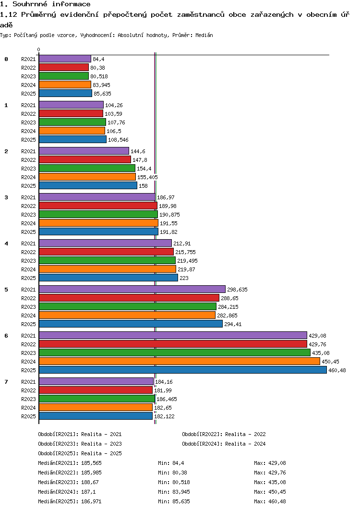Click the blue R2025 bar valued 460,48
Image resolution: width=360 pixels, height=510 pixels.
[183, 370]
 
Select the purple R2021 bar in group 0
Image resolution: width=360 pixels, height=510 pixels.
[65, 59]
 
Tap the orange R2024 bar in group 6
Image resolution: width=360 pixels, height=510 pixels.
[180, 361]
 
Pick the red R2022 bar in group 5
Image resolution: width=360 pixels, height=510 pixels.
[129, 298]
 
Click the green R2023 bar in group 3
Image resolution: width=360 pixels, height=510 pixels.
[98, 214]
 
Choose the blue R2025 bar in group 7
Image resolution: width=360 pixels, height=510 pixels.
[96, 416]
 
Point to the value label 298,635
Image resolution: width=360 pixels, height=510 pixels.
[238, 290]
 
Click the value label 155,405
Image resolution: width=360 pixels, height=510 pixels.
[147, 177]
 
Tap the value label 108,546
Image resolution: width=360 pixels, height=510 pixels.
[119, 140]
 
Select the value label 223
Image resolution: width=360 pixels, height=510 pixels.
[184, 278]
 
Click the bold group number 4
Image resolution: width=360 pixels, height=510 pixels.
[6, 243]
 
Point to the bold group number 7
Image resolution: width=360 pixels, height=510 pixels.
[6, 381]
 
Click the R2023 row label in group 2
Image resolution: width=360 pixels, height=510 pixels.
[29, 169]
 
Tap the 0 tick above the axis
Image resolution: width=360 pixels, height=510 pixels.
[39, 49]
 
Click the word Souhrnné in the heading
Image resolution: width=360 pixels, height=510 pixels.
[30, 4]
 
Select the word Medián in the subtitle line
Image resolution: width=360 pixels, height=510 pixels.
[204, 35]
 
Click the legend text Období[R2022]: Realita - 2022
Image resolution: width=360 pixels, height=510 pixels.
[224, 434]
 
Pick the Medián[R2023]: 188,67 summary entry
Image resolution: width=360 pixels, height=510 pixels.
[68, 482]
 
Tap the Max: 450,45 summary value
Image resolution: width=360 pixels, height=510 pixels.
[270, 492]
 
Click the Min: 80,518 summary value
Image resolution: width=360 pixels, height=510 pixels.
[174, 482]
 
